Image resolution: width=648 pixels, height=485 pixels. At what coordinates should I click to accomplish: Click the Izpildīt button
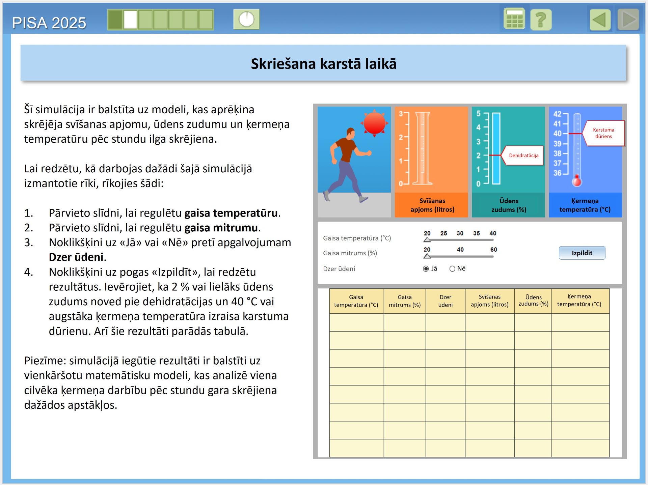pyautogui.click(x=582, y=253)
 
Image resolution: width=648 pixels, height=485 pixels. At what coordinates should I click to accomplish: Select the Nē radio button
pyautogui.click(x=452, y=269)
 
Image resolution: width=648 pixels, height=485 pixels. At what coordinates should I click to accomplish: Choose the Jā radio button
pyautogui.click(x=426, y=269)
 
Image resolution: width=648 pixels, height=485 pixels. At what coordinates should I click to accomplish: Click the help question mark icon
pyautogui.click(x=541, y=20)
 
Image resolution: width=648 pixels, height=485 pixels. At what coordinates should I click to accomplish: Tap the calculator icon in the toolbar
pyautogui.click(x=514, y=19)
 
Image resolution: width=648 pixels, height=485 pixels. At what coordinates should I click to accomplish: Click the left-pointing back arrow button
pyautogui.click(x=600, y=20)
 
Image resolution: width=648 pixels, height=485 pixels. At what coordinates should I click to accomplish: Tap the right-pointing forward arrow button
pyautogui.click(x=628, y=20)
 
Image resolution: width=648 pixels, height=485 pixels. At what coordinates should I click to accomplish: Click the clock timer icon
pyautogui.click(x=246, y=19)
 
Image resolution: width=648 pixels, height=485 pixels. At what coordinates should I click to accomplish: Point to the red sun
pyautogui.click(x=374, y=123)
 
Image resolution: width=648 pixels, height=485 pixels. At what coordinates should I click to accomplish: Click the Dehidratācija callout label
pyautogui.click(x=523, y=155)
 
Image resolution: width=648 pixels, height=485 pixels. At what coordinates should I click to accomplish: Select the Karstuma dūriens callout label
pyautogui.click(x=603, y=133)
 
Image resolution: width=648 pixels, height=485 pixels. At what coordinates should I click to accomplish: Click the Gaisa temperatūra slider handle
pyautogui.click(x=427, y=240)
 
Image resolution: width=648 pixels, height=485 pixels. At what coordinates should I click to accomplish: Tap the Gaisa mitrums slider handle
pyautogui.click(x=427, y=256)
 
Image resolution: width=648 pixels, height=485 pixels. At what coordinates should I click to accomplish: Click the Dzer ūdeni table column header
pyautogui.click(x=445, y=301)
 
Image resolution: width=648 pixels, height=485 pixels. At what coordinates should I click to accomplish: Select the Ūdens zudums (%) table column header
pyautogui.click(x=533, y=301)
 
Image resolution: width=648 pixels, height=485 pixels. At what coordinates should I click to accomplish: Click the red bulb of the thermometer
pyautogui.click(x=577, y=181)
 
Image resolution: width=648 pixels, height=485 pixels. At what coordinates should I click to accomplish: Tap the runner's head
pyautogui.click(x=351, y=133)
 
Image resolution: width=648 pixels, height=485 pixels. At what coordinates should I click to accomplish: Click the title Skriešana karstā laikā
pyautogui.click(x=323, y=64)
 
